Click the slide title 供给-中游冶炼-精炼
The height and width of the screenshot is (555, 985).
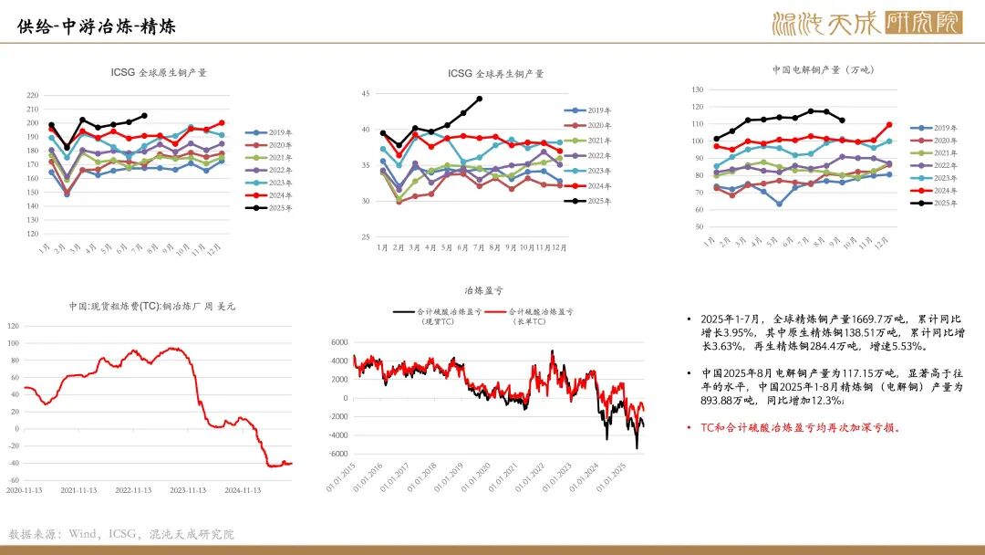pyautogui.click(x=97, y=27)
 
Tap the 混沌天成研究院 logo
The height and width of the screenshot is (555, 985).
pyautogui.click(x=866, y=23)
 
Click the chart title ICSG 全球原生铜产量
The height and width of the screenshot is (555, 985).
pyautogui.click(x=159, y=72)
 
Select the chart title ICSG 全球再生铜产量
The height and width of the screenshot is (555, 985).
pyautogui.click(x=495, y=73)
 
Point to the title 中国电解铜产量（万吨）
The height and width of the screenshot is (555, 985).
pyautogui.click(x=823, y=69)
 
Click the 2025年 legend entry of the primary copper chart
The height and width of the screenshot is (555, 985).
pyautogui.click(x=273, y=208)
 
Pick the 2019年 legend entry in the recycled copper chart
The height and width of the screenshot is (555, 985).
pyautogui.click(x=592, y=110)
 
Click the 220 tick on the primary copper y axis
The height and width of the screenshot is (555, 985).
pyautogui.click(x=33, y=95)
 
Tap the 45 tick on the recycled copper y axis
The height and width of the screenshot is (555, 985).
pyautogui.click(x=366, y=93)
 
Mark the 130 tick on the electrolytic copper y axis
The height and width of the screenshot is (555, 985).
pyautogui.click(x=698, y=89)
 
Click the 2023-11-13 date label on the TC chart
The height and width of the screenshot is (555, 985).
pyautogui.click(x=187, y=489)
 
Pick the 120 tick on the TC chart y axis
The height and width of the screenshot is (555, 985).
pyautogui.click(x=13, y=325)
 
